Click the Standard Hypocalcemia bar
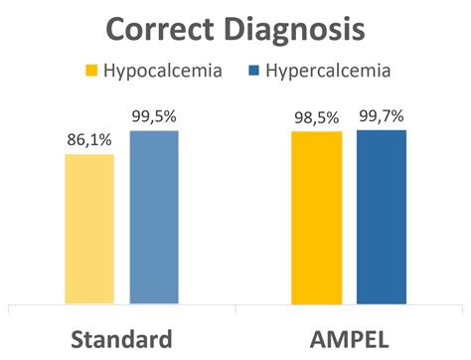(89, 229)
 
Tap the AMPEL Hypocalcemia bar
(317, 218)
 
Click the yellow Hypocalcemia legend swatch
(92, 71)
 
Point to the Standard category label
(121, 338)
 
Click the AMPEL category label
(349, 338)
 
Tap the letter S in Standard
(78, 338)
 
